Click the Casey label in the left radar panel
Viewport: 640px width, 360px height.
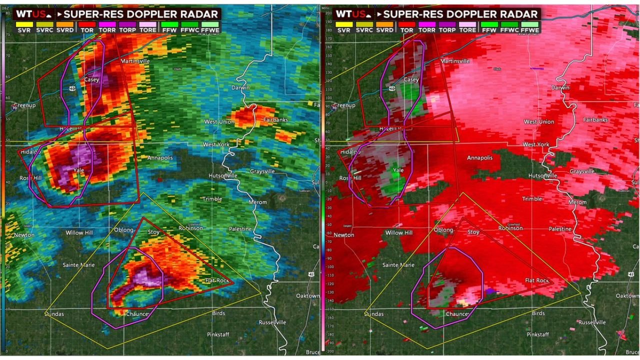(x=91, y=79)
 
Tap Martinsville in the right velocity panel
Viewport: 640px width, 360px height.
(x=455, y=61)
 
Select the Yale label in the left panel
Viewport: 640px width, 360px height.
(x=78, y=170)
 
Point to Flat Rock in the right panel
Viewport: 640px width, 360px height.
(x=537, y=280)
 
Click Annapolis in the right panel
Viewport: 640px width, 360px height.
(x=480, y=158)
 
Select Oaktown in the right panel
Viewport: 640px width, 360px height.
(x=627, y=295)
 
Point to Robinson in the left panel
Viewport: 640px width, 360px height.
(x=191, y=228)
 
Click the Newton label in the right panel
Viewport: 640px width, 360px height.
(x=344, y=234)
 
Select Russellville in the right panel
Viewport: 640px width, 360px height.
(x=592, y=322)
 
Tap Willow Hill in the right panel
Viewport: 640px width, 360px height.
(x=399, y=232)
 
